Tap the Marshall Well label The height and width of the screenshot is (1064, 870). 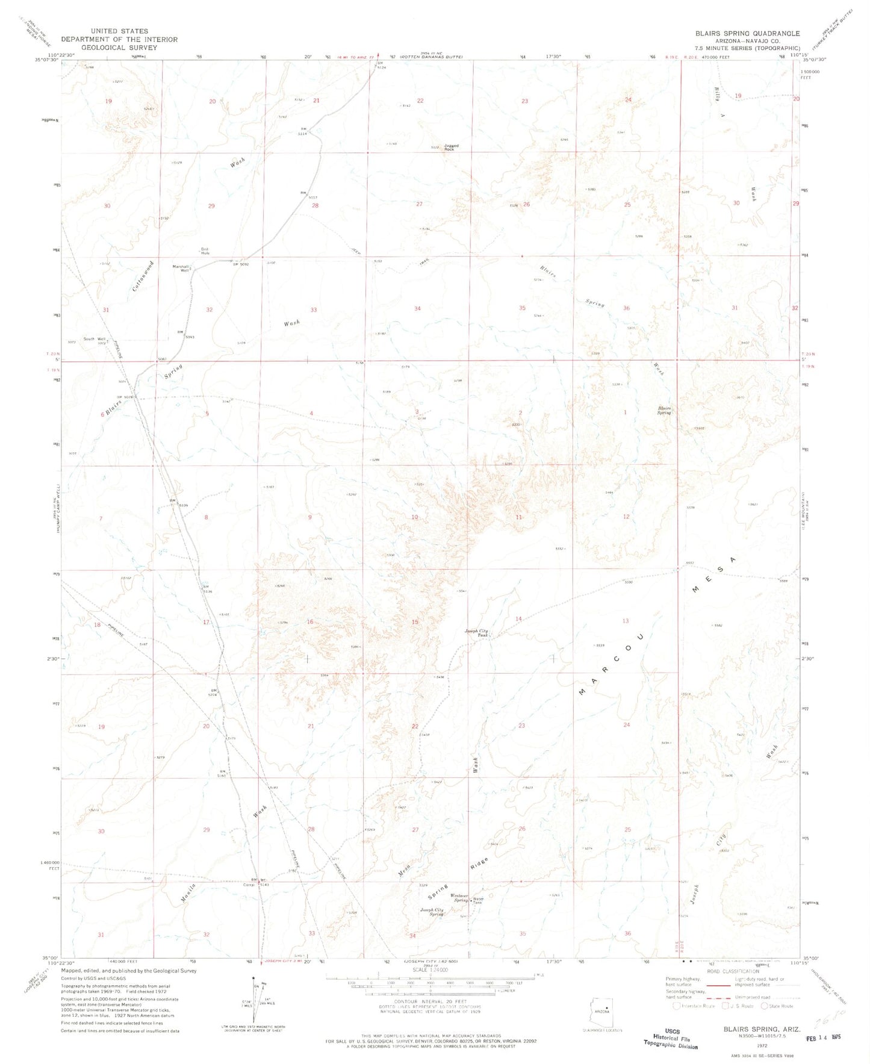tap(181, 269)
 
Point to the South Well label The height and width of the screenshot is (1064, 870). tap(95, 339)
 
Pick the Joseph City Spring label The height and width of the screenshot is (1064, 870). tap(432, 912)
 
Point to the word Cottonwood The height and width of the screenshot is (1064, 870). tap(141, 276)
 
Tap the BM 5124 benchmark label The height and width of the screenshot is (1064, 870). tap(380, 65)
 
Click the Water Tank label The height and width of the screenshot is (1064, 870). tap(477, 901)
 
